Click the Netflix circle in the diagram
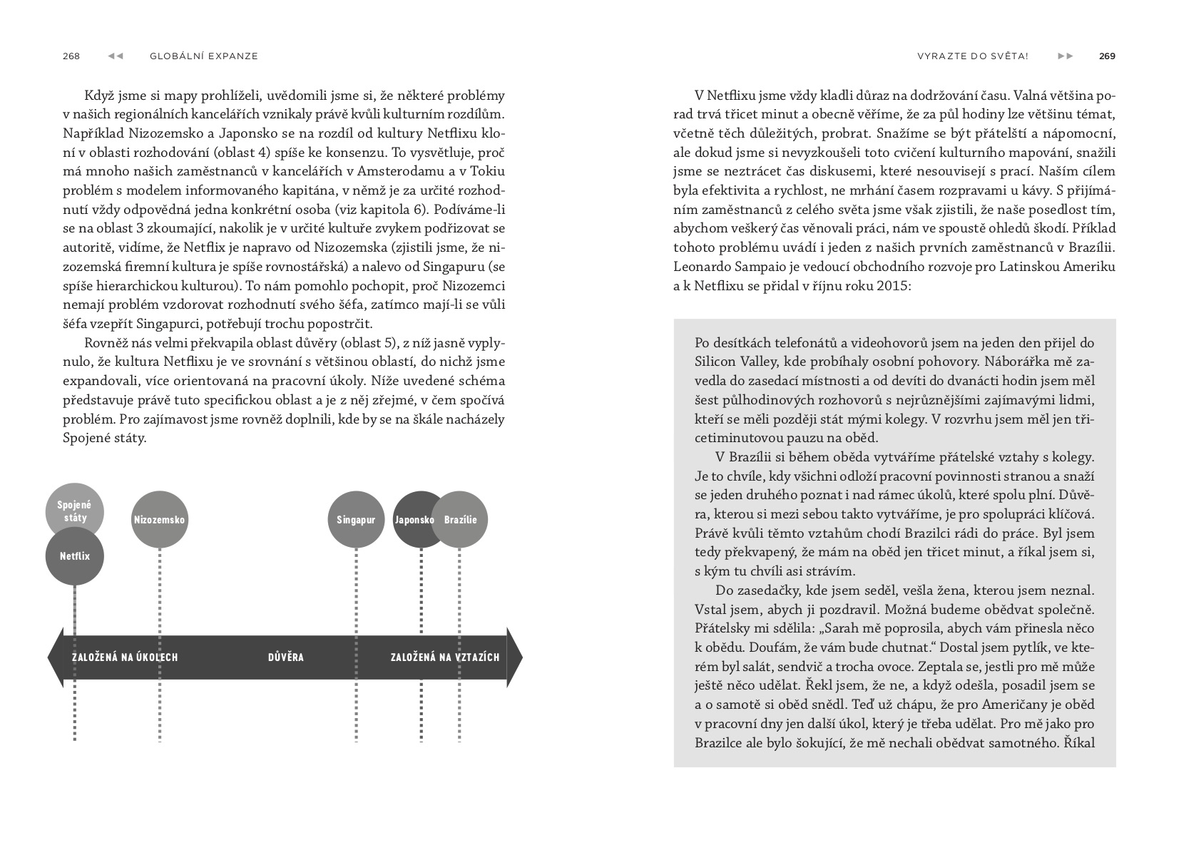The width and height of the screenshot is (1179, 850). point(74,556)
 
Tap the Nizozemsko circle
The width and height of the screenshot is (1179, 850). point(159,519)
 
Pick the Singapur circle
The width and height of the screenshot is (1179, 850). point(355,519)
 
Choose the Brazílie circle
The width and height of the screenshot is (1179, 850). point(461,519)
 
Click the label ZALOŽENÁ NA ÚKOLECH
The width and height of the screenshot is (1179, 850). point(125,657)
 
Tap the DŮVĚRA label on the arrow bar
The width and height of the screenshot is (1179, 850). point(286,657)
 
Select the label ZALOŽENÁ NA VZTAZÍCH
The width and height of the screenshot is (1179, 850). point(445,657)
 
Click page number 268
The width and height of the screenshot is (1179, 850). point(71,56)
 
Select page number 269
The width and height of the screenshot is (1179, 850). point(1107,56)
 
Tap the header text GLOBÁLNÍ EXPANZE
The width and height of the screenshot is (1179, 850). point(204,56)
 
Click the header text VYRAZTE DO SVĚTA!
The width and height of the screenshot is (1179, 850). point(973,56)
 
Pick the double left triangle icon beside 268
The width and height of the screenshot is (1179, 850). point(116,56)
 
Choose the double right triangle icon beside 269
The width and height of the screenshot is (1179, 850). point(1065,56)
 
